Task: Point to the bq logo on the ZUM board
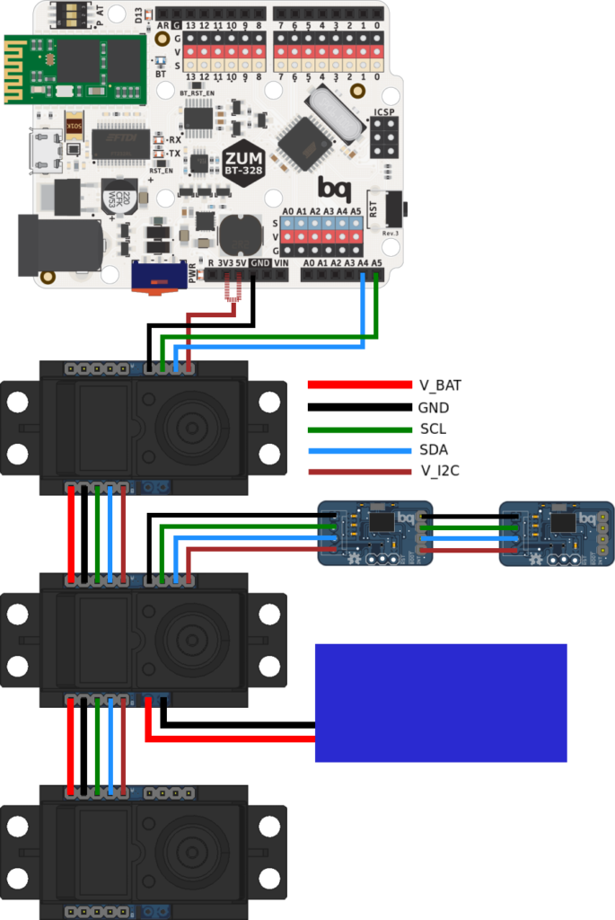point(333,188)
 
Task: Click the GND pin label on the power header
point(259,263)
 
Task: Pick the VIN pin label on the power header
point(281,263)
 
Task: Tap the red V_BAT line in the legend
point(359,385)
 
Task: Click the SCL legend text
point(433,429)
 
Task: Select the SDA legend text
point(434,449)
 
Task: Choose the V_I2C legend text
point(439,471)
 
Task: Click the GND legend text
point(433,407)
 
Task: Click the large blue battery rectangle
point(440,703)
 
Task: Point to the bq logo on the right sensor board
point(586,518)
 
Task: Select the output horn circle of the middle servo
point(190,640)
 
